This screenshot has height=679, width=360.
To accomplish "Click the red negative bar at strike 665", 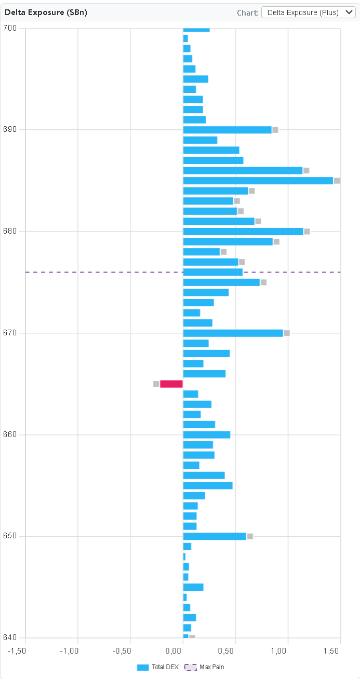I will click(171, 384).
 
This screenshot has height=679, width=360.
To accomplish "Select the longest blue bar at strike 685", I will click(258, 181).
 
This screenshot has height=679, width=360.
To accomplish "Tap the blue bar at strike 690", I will click(227, 130).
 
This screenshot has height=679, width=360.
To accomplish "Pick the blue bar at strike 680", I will click(243, 232).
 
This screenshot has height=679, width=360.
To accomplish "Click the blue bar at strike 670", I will click(233, 333).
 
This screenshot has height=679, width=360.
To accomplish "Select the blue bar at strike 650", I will click(215, 536).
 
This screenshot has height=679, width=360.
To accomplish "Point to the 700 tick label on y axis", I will click(10, 28).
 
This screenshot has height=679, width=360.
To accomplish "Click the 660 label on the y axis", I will click(10, 435).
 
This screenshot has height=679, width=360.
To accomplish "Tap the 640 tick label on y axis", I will click(10, 638).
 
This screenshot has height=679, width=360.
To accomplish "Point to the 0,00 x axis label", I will click(182, 651).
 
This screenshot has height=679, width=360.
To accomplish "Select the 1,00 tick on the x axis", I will click(287, 651).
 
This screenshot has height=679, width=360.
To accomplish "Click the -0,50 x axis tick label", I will click(130, 651).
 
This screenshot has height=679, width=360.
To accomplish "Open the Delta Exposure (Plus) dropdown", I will click(309, 12).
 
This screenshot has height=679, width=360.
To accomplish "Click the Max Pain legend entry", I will click(205, 667).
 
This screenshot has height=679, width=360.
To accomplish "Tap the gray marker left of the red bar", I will click(156, 384).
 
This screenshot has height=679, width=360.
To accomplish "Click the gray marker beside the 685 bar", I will click(337, 181).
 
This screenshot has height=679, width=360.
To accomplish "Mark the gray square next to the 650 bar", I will click(250, 536).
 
